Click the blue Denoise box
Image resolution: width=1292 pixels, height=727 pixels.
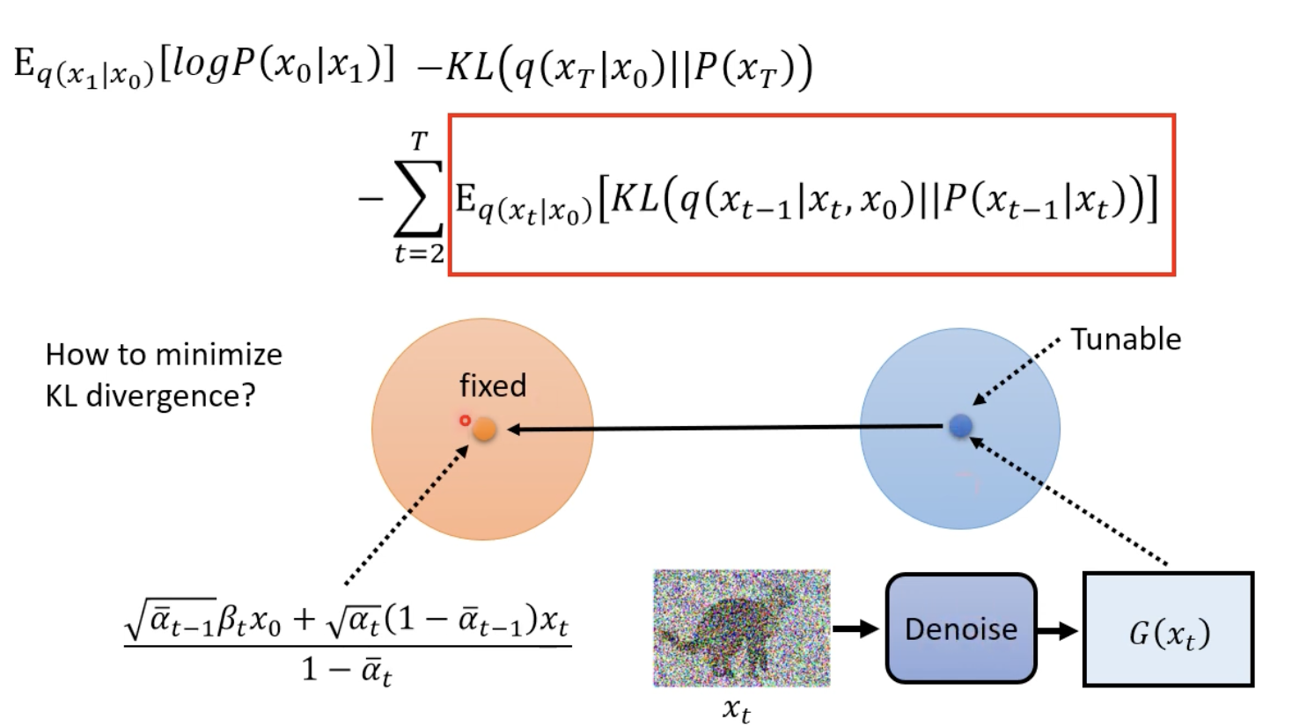click(960, 628)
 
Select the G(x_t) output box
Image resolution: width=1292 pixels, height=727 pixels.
click(1168, 629)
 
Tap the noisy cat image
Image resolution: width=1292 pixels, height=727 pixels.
click(741, 628)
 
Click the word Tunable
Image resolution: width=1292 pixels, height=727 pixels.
click(1126, 339)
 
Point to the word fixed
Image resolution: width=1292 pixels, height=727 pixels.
click(493, 386)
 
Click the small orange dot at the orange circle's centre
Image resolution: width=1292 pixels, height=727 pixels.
click(484, 430)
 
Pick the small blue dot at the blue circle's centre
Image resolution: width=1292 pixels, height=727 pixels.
click(960, 426)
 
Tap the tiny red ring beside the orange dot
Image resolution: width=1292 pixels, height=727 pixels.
click(465, 421)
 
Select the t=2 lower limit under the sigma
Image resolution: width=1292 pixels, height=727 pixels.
click(419, 253)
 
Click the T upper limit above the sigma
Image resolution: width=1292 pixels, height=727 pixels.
click(419, 141)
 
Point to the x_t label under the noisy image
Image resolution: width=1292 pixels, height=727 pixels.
click(737, 709)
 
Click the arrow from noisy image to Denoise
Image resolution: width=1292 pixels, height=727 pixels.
click(855, 628)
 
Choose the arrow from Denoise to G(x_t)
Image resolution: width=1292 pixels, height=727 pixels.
click(1058, 630)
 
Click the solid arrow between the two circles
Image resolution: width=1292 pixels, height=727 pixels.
click(726, 429)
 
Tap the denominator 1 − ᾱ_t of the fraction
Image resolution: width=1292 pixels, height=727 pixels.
click(347, 671)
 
